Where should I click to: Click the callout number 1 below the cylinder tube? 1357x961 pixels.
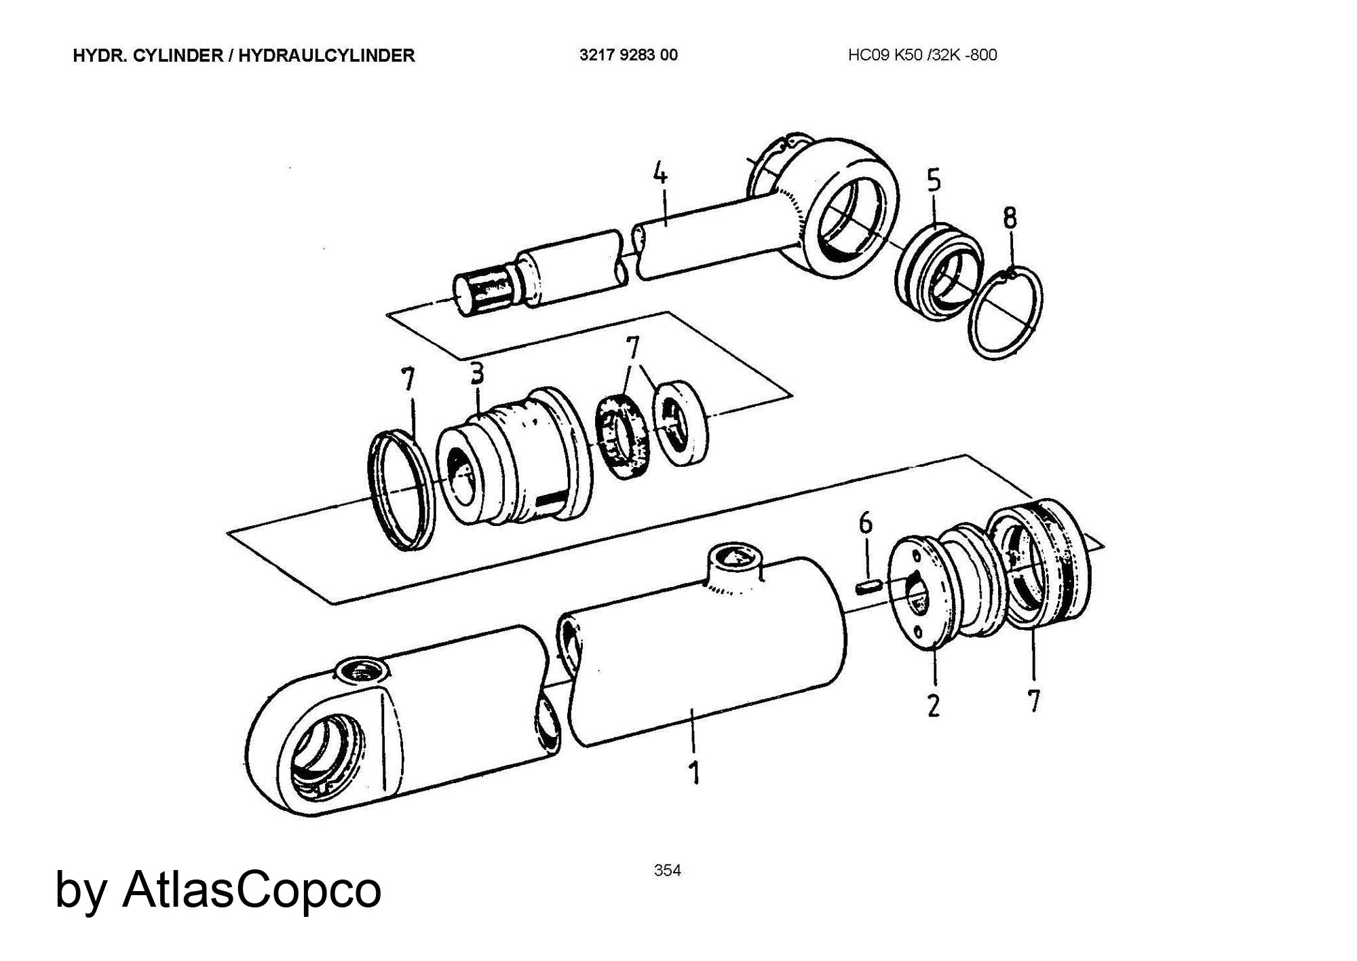click(x=693, y=772)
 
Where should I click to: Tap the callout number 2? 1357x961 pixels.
click(x=934, y=706)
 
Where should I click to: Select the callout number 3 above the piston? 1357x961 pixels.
click(x=477, y=373)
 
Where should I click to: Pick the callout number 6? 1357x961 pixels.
click(x=866, y=523)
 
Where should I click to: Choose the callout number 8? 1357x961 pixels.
click(x=1010, y=218)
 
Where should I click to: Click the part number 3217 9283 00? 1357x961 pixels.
click(x=628, y=56)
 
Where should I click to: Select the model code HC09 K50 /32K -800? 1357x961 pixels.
click(x=922, y=56)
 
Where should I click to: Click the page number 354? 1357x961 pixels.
click(x=667, y=871)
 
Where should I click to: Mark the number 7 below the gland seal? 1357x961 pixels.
click(x=1033, y=700)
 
